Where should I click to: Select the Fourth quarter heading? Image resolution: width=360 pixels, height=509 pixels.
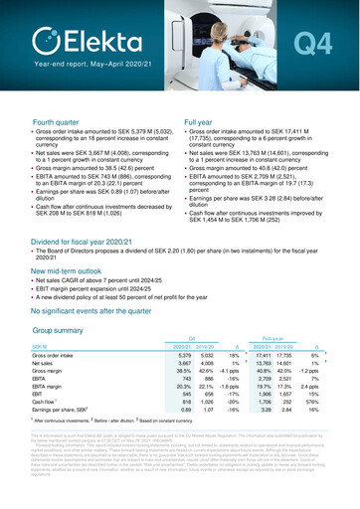click(x=48, y=120)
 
